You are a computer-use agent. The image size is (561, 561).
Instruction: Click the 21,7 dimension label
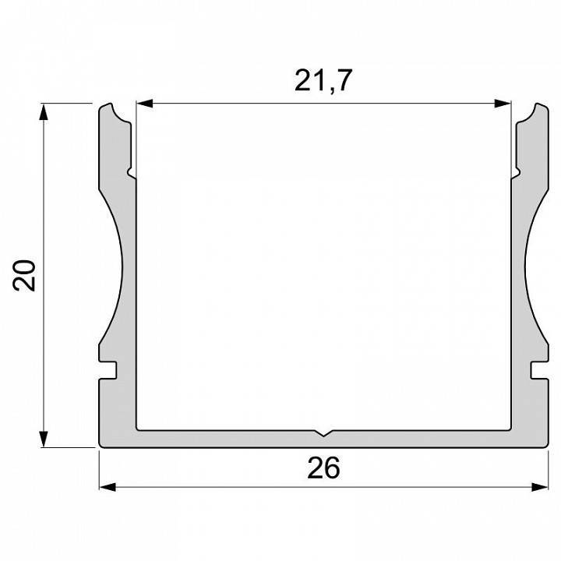point(323,80)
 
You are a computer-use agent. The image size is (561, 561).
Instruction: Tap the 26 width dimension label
point(323,467)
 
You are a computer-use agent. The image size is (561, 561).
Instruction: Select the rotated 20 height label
point(24,275)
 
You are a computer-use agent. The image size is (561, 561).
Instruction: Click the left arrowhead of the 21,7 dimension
point(145,104)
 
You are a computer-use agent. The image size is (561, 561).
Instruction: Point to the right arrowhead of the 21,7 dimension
point(503,104)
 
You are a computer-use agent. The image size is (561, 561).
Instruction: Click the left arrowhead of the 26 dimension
point(108,487)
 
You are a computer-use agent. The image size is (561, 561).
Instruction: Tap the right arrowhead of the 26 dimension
point(539,487)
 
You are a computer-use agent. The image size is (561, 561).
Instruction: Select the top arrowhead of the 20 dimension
point(44,112)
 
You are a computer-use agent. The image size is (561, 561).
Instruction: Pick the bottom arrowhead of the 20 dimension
point(44,439)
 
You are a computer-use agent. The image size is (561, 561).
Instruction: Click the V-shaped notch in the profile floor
point(323,433)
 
